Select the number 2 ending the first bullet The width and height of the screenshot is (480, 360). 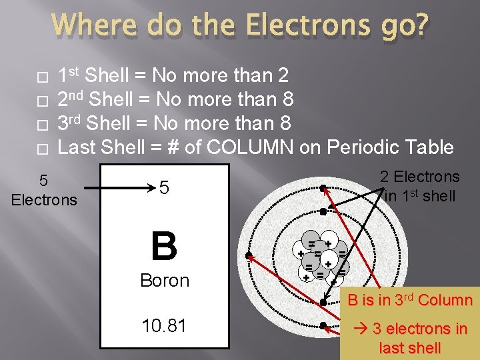click(x=283, y=75)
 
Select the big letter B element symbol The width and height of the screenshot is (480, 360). click(x=164, y=246)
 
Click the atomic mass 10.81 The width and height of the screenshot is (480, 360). click(x=164, y=326)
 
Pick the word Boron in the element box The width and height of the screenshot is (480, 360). click(x=164, y=281)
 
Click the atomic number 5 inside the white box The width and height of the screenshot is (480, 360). click(x=164, y=189)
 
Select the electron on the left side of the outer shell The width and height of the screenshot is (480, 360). click(x=248, y=256)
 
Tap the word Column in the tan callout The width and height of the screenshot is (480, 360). click(x=446, y=300)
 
